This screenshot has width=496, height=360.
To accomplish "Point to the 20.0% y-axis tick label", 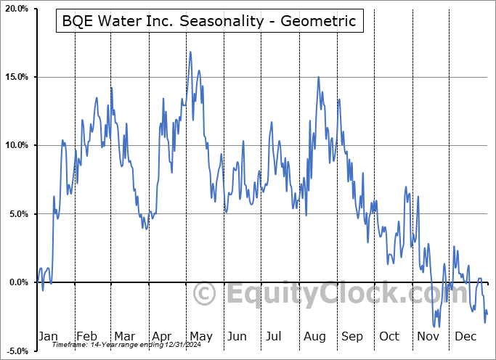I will pos(16,9).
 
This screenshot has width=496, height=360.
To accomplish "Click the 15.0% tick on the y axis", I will pos(16,77).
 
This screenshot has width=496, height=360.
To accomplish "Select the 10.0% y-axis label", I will pos(16,145).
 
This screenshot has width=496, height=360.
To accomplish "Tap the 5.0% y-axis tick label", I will pos(18,214).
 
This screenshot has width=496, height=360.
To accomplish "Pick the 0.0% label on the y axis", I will pos(18,282).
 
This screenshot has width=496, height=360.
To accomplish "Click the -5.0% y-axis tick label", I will pos(17,351).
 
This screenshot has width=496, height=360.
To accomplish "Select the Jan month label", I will pos(47,336).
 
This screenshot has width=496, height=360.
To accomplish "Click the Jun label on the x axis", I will pos(237,336).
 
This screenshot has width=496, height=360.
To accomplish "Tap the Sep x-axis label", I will pos(351,336).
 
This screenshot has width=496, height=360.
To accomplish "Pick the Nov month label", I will pos(427,336).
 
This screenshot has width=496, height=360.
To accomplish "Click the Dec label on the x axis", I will pos(465,336).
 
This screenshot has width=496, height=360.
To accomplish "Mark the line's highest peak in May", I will pos(190,52).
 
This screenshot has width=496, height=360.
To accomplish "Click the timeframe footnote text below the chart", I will pos(131,345).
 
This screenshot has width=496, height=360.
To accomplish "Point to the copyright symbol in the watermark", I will pos(205,294).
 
